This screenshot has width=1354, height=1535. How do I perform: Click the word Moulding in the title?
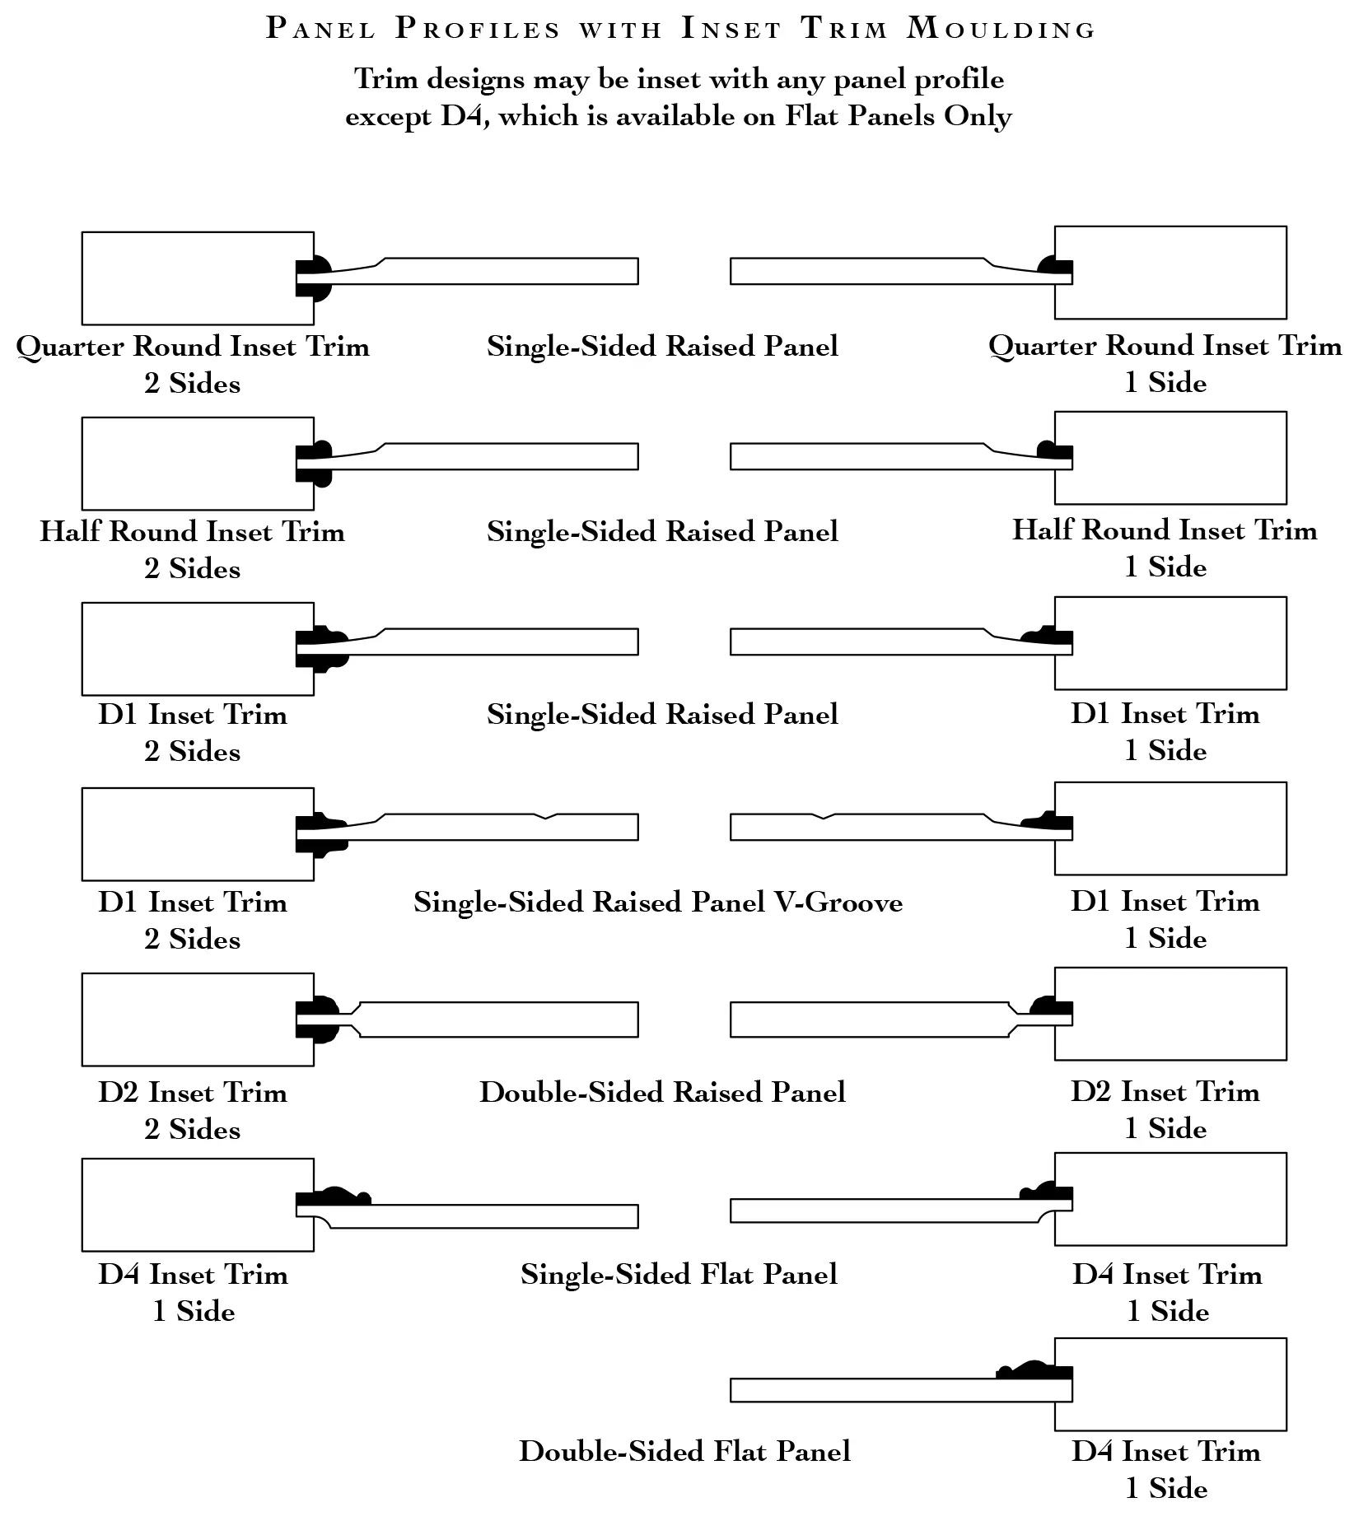click(x=1001, y=29)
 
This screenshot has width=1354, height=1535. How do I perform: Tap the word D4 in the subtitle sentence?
click(x=460, y=116)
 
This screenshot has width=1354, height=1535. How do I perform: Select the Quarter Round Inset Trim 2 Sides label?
click(x=193, y=364)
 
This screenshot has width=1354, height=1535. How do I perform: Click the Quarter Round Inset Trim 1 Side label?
click(x=1165, y=363)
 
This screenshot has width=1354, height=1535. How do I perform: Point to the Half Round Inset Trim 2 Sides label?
click(x=193, y=549)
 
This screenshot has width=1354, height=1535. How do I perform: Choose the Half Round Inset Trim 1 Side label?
click(x=1165, y=548)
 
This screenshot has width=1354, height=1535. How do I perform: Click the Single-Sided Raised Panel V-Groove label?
click(x=658, y=903)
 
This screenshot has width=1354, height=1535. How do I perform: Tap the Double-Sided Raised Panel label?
click(x=663, y=1092)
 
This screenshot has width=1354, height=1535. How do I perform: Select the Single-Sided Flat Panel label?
click(x=679, y=1274)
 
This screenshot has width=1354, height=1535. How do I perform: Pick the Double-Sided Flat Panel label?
click(x=685, y=1451)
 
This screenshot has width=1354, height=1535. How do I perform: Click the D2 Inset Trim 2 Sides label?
click(x=193, y=1110)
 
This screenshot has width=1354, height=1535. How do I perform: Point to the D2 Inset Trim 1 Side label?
click(x=1165, y=1109)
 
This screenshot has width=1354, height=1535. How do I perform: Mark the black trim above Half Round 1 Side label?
click(x=1057, y=450)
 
